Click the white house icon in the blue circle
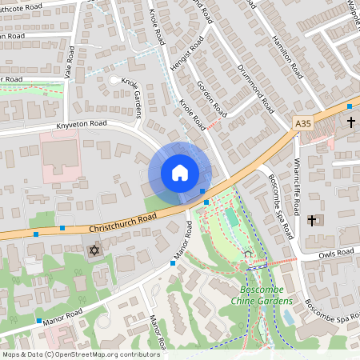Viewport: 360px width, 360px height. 179,173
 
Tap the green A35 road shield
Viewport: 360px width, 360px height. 302,123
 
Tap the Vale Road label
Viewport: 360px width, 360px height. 70,62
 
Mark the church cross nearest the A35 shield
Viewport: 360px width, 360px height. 350,122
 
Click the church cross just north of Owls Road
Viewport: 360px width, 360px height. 313,219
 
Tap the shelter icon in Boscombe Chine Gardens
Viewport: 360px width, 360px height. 248,254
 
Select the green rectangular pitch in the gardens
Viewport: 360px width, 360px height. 231,217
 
